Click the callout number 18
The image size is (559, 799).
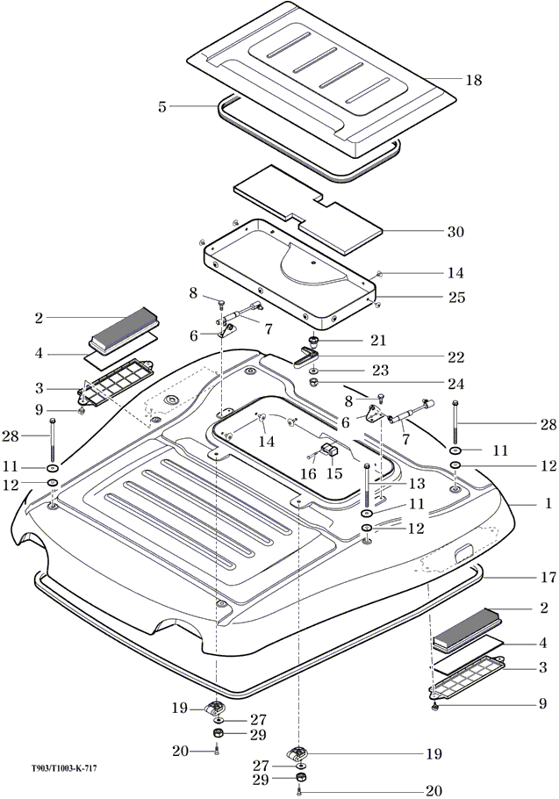pyautogui.click(x=473, y=80)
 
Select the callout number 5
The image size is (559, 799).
pyautogui.click(x=162, y=107)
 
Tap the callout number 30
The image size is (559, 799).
pyautogui.click(x=455, y=232)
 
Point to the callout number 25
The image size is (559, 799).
pyautogui.click(x=456, y=297)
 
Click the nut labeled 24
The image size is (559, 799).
pyautogui.click(x=313, y=383)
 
